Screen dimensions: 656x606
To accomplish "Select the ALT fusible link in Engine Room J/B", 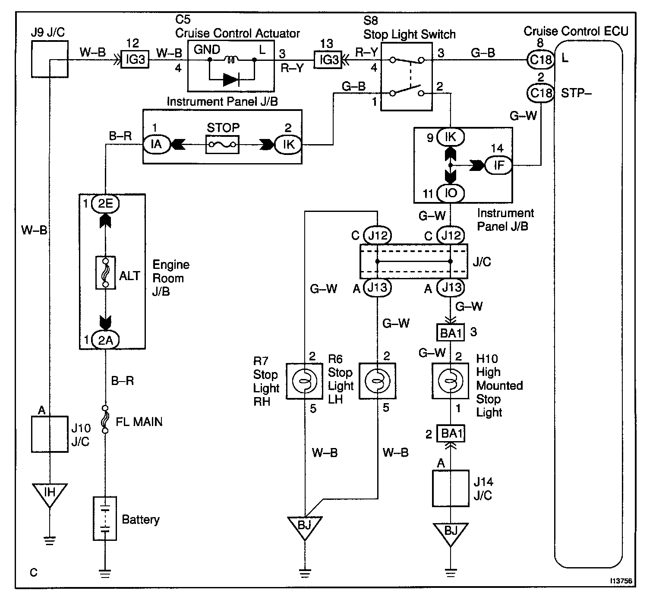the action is coord(105,273).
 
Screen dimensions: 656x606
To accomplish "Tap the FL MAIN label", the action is coord(139,421).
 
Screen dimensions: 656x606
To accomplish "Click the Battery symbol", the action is coord(105,518).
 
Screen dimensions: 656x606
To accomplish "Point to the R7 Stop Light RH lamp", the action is coord(305,381).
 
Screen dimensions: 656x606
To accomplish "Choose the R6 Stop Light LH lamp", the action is coord(377,381).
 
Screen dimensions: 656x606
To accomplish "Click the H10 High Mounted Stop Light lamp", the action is coord(450,381).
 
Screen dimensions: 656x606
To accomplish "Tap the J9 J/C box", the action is coord(50,59).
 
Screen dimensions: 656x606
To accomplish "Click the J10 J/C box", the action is coord(50,434).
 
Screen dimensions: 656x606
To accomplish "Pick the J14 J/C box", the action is coord(450,488).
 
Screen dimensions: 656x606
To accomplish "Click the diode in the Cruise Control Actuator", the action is coord(231,79).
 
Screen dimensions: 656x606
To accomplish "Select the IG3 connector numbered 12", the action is coord(135,59).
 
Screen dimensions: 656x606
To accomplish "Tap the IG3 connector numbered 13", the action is coord(328,59).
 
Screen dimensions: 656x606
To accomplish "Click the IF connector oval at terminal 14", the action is coord(498,165).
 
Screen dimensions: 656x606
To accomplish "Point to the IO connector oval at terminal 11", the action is coord(451,193).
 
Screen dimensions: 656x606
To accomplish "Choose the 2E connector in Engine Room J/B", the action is coord(105,203).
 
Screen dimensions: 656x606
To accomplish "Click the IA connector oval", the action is coord(157,144).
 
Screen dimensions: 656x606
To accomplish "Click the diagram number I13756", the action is coord(621,581).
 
